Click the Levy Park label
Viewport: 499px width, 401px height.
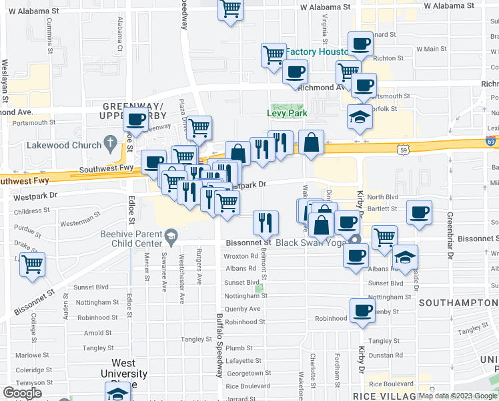click(286, 114)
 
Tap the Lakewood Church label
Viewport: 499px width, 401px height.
click(63, 144)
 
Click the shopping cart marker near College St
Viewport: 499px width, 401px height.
click(32, 265)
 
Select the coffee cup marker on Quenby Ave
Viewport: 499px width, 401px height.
click(362, 310)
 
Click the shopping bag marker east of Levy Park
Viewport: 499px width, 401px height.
click(311, 142)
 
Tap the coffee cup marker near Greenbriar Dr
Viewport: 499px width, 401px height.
click(419, 213)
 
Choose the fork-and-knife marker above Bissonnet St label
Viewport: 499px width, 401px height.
click(266, 222)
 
